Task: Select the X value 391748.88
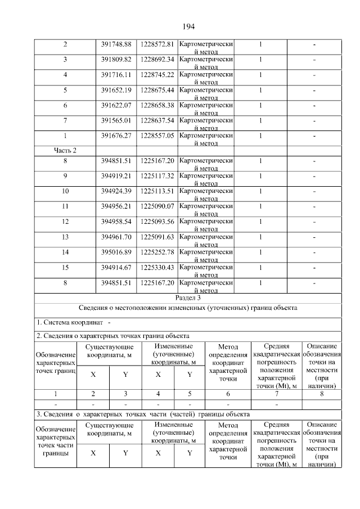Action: tap(116, 44)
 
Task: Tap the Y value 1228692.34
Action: tap(157, 59)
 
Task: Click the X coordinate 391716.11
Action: tap(116, 74)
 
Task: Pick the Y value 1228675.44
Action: tap(157, 89)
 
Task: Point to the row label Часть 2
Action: tap(65, 150)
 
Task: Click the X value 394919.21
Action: tap(116, 175)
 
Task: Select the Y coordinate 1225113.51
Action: tap(157, 191)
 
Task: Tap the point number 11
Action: tap(65, 206)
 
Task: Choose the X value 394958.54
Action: tap(116, 222)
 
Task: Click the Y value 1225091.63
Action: tap(157, 237)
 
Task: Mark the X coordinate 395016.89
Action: tap(116, 252)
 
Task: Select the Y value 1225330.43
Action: tap(157, 267)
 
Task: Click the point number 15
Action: tap(65, 267)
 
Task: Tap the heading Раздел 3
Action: tap(188, 298)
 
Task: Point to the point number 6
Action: tap(65, 105)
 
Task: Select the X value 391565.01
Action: tap(116, 120)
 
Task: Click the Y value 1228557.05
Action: tap(157, 135)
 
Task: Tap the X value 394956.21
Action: tap(116, 206)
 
